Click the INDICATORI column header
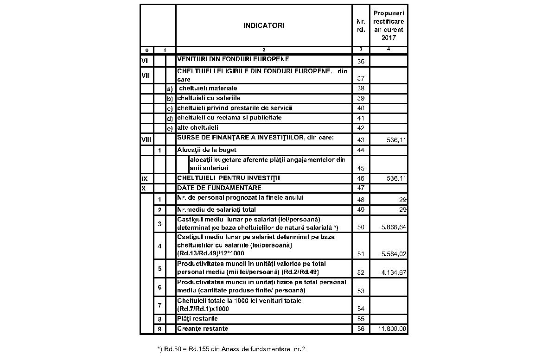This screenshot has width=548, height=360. coord(264,25)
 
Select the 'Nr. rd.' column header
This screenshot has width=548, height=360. coord(361,25)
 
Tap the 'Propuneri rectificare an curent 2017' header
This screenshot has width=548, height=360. coord(389,25)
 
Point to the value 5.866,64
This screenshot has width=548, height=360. coord(394,227)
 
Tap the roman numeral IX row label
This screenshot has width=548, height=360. coord(144,178)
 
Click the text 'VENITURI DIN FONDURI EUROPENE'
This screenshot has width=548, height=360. coord(233,59)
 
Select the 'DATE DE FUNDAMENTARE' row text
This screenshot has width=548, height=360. coord(219,188)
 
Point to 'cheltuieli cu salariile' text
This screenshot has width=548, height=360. coord(209,98)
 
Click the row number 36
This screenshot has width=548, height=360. coord(361,61)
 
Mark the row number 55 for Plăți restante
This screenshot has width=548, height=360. coord(361,319)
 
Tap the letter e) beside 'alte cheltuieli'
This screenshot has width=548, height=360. coord(170,128)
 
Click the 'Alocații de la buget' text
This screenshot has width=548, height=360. coord(207,150)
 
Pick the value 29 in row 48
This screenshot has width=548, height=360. coord(403,200)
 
